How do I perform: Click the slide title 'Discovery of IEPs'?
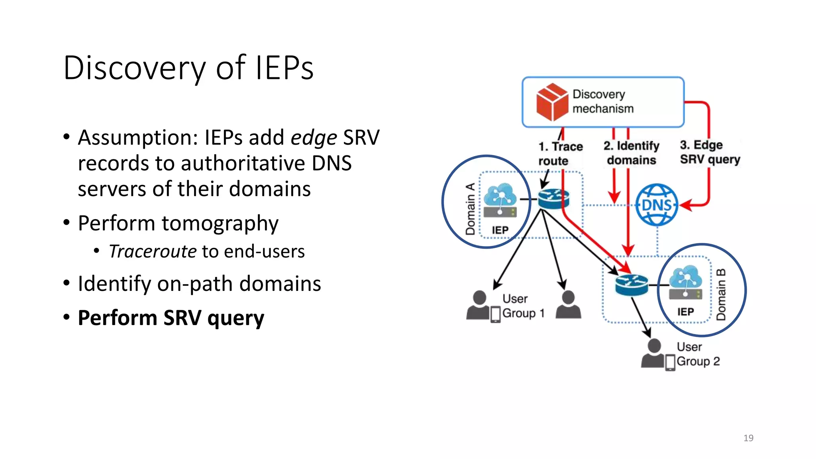[188, 68]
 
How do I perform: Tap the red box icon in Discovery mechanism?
[552, 102]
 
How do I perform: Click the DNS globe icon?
[656, 205]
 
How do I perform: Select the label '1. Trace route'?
[560, 153]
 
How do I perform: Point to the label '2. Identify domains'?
[631, 153]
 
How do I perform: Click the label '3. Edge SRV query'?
[710, 152]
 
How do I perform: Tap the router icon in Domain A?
[553, 199]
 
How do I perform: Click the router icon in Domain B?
[631, 285]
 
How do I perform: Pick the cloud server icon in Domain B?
[685, 282]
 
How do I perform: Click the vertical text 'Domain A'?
[471, 209]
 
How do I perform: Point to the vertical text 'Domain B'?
[721, 294]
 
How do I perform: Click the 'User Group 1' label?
[523, 306]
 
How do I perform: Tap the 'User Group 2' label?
[698, 354]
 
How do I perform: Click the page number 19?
[748, 438]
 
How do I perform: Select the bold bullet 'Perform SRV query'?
[171, 318]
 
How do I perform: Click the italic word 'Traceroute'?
[153, 251]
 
